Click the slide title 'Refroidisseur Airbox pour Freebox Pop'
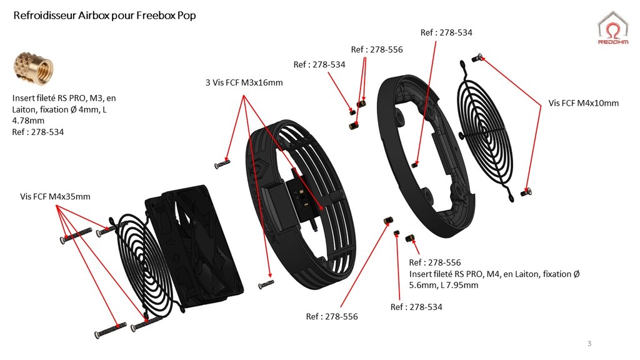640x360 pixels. click(104, 15)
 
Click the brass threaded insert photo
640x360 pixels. click(32, 71)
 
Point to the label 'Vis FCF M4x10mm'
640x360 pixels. click(583, 102)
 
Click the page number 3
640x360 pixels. click(589, 344)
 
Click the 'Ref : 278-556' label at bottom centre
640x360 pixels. click(332, 316)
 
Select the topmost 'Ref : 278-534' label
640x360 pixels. click(446, 32)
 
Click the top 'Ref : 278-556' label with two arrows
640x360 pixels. click(377, 49)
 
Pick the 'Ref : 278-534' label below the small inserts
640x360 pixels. click(416, 307)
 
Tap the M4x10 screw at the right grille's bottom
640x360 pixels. click(527, 190)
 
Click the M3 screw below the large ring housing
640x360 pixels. click(266, 284)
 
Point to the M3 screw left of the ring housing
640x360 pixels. click(222, 164)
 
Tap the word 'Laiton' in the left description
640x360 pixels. click(24, 109)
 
